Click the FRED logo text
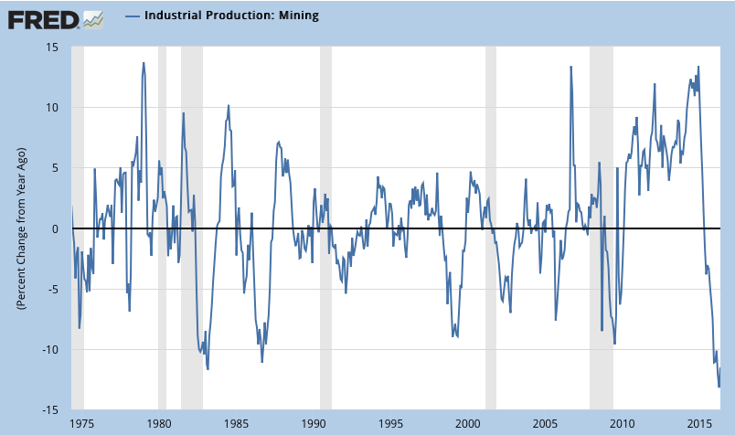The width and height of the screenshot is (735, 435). [x=42, y=17]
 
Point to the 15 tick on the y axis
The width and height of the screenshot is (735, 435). [x=54, y=47]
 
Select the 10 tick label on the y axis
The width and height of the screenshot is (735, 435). [x=54, y=107]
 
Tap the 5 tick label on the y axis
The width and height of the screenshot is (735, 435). [x=58, y=167]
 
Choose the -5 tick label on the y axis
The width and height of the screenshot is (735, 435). [x=55, y=289]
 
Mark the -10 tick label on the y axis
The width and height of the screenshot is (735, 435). [x=52, y=349]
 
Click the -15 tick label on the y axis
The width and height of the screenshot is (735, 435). [x=52, y=409]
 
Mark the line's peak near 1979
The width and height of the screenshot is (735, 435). [x=144, y=63]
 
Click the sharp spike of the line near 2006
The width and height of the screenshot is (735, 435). [x=571, y=67]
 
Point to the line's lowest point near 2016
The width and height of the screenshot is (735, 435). [x=719, y=387]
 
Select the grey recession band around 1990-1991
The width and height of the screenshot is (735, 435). [x=325, y=228]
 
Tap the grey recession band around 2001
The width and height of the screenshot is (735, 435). [x=490, y=228]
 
